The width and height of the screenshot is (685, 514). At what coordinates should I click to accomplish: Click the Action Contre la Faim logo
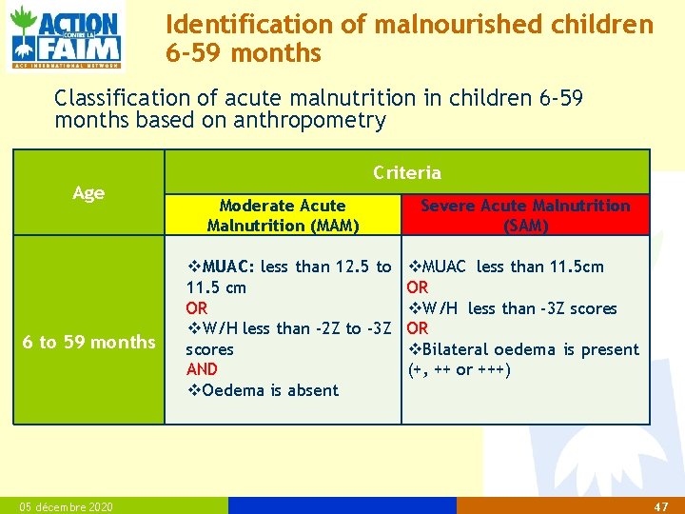coord(66,37)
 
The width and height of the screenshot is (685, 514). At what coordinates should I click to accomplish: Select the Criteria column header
coord(407,172)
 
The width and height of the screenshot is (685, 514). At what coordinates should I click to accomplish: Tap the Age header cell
coord(88,193)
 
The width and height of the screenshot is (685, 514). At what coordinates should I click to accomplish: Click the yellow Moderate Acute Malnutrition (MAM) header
coord(283,215)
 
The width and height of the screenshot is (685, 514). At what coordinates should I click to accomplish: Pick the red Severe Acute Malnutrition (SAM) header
coord(525,215)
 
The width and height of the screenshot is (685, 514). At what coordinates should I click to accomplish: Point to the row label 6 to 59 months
coord(89,342)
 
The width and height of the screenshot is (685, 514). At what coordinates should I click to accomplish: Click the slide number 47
coord(661,506)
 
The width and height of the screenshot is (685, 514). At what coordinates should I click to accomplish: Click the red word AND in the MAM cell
coord(202,369)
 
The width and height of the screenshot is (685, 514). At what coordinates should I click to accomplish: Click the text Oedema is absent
coord(270,390)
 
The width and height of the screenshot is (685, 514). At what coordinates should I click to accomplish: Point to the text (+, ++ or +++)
coord(459,369)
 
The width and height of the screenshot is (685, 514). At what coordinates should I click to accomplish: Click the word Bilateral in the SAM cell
coord(456,349)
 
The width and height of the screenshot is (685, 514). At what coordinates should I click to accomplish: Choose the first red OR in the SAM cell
coord(418,287)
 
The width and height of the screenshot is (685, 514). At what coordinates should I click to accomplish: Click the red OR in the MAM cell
coord(197,308)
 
